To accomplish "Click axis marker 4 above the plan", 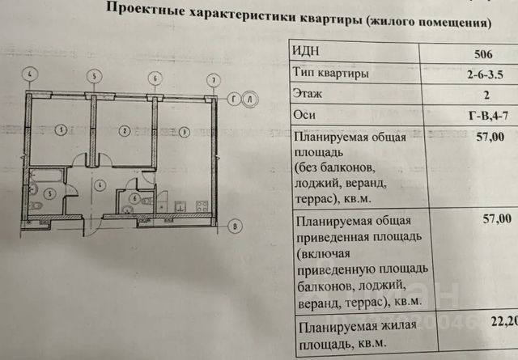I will [30, 74].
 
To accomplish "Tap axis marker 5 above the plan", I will [95, 77].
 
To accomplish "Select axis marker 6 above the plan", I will [154, 78].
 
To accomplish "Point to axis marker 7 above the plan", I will [213, 79].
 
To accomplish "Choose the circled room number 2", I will [123, 129].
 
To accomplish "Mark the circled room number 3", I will [184, 131].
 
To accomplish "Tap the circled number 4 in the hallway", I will [99, 185].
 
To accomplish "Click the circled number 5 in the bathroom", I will [49, 193].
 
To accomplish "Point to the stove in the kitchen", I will [203, 207].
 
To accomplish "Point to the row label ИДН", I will [312, 52].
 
